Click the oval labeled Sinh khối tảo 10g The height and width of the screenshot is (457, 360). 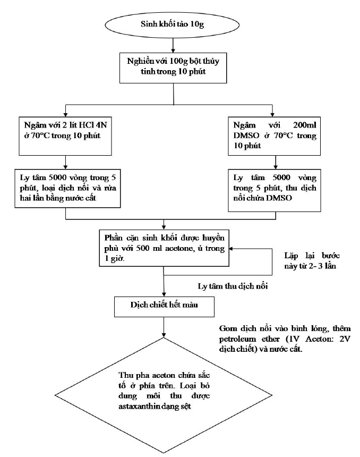pyautogui.click(x=173, y=24)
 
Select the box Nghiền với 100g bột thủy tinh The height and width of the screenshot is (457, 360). pyautogui.click(x=173, y=68)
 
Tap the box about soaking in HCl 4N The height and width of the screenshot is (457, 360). pyautogui.click(x=65, y=136)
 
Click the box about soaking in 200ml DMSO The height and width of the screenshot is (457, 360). pyautogui.click(x=274, y=136)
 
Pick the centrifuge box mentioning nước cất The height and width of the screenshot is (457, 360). pyautogui.click(x=67, y=188)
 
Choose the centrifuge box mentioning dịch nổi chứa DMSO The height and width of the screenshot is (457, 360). pyautogui.click(x=275, y=190)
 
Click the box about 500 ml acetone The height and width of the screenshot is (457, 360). pyautogui.click(x=164, y=248)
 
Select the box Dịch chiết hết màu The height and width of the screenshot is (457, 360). pyautogui.click(x=164, y=307)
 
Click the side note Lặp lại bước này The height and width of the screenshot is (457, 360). pyautogui.click(x=312, y=261)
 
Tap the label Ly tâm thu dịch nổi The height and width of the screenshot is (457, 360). pyautogui.click(x=233, y=286)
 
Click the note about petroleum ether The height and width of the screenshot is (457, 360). pyautogui.click(x=285, y=339)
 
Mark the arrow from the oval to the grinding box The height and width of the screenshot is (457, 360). pyautogui.click(x=173, y=45)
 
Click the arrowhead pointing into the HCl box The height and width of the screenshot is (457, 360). pyautogui.click(x=65, y=115)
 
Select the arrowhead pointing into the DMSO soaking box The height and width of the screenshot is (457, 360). pyautogui.click(x=272, y=115)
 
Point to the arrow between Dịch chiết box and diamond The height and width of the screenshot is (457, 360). pyautogui.click(x=164, y=327)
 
